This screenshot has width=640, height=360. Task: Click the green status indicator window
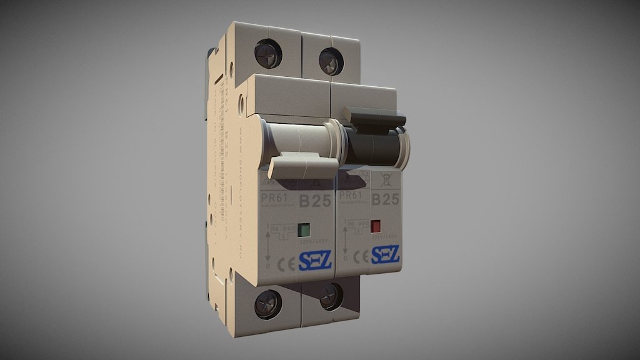click(x=304, y=229)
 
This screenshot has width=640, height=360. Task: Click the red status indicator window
click(x=376, y=226)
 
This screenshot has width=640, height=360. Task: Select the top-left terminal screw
click(x=268, y=53)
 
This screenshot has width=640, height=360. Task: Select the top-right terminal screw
click(x=331, y=61)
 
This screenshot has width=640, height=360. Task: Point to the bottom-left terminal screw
click(x=267, y=304)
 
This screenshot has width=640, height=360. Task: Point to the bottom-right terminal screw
click(x=331, y=296)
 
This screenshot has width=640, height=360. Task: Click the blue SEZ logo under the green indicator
click(x=314, y=261)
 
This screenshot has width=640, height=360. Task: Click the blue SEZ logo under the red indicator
click(x=386, y=254)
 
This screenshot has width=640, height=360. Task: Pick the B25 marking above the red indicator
click(x=385, y=199)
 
